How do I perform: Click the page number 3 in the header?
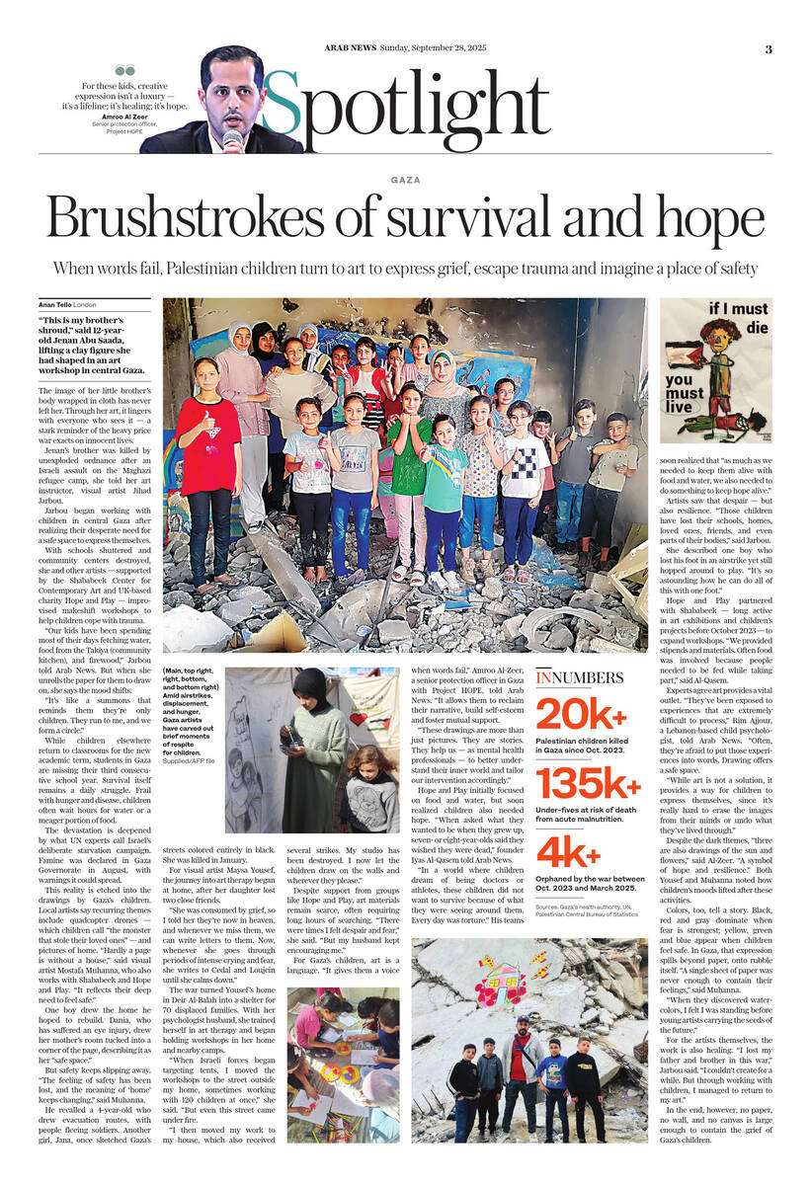(x=769, y=49)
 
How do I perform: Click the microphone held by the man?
(x=233, y=137)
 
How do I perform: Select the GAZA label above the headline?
(x=405, y=180)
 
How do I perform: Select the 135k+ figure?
(x=588, y=782)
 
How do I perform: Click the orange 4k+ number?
(x=568, y=851)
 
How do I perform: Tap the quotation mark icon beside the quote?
(x=124, y=71)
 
